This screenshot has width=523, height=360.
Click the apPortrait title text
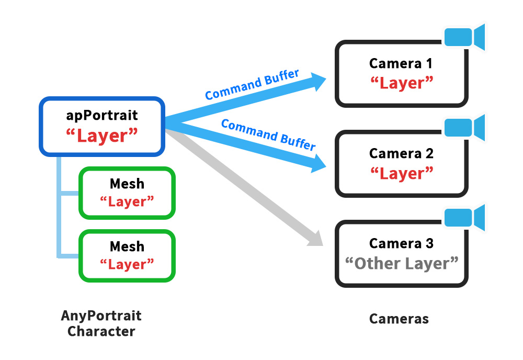coord(102,115)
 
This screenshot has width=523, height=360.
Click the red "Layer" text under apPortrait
coord(102,136)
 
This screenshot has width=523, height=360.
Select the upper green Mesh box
coord(127,193)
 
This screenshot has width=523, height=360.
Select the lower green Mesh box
coord(127,255)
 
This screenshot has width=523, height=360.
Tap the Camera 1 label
coord(401,64)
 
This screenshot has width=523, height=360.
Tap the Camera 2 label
coord(401,154)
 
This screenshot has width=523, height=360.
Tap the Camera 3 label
coord(401,243)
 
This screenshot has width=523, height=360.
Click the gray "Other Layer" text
coord(401,263)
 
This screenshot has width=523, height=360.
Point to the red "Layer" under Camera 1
coord(401,83)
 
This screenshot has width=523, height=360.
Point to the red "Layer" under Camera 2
coord(401,173)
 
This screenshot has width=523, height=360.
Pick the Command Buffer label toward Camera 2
coord(268,134)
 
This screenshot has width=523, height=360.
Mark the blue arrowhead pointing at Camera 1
coord(317,80)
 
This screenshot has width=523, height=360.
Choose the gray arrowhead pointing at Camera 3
coord(315,239)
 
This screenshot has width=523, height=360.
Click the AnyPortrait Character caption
coord(101,323)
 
